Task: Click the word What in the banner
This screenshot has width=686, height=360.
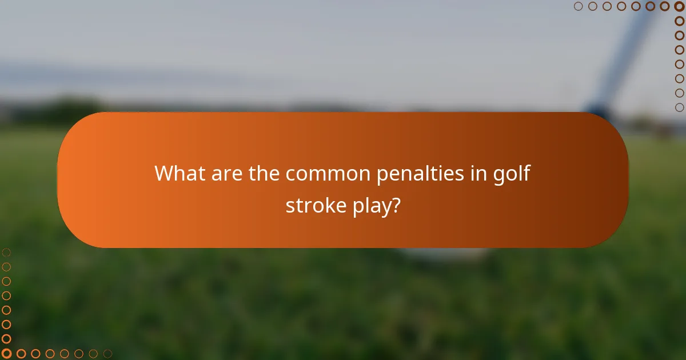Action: (x=178, y=173)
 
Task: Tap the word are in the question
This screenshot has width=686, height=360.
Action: (x=224, y=173)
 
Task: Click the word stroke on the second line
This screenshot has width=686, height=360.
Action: (x=314, y=205)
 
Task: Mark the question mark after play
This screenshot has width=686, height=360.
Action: (x=395, y=205)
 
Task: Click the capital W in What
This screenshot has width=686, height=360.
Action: (x=165, y=173)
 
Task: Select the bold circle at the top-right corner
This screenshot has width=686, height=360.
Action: (x=679, y=6)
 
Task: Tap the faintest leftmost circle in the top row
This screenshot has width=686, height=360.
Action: (x=579, y=6)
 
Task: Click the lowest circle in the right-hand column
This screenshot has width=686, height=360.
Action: (x=679, y=107)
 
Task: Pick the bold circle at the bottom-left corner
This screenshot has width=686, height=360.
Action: (x=6, y=354)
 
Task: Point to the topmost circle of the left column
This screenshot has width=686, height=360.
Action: (x=6, y=252)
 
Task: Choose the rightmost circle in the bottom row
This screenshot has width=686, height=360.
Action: (x=107, y=354)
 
